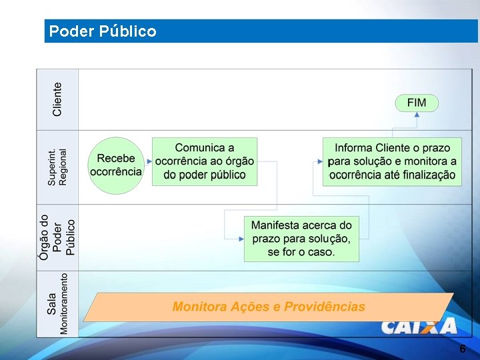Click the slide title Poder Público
[x=103, y=31]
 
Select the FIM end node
[x=417, y=103]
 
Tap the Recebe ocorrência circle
[x=116, y=165]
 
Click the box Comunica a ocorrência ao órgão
[x=205, y=161]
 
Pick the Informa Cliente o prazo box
[x=393, y=161]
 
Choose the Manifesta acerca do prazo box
[x=301, y=239]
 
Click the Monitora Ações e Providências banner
[x=269, y=307]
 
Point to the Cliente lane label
[x=57, y=99]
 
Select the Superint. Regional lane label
[x=57, y=167]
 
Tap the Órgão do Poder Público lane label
[x=57, y=237]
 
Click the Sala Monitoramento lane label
[x=57, y=303]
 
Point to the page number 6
[x=462, y=349]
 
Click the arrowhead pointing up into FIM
[x=417, y=115]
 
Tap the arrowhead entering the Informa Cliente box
[x=319, y=161]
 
